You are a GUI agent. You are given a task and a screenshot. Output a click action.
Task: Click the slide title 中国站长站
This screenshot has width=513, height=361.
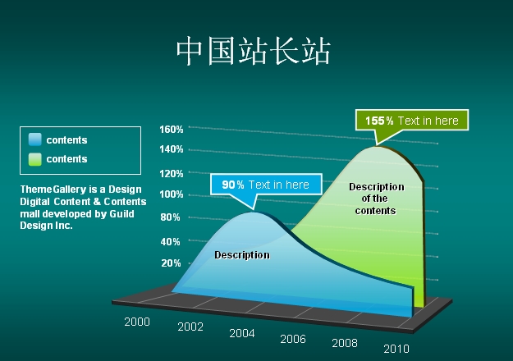coord(254,51)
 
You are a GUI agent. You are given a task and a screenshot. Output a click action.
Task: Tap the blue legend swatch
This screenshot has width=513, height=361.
coord(35,139)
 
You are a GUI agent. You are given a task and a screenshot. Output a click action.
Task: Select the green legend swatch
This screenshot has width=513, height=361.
coord(35,159)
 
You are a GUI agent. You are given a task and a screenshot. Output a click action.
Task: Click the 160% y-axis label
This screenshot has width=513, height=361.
coord(171,130)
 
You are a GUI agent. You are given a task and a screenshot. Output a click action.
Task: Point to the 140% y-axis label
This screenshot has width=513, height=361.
coord(171,149)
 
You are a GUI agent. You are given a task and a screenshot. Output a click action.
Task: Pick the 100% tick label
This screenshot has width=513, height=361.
coord(171,194)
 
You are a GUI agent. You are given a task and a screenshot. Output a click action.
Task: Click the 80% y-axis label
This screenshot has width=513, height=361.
coord(170,217)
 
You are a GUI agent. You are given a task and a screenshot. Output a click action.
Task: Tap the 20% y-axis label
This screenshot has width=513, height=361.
coord(171,263)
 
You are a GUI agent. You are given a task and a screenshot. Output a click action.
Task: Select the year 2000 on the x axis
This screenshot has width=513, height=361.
coord(137,322)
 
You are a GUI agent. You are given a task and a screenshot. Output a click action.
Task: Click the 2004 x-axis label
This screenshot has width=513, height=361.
coord(242,334)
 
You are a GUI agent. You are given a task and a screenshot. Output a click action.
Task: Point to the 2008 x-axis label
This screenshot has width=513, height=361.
coord(345,343)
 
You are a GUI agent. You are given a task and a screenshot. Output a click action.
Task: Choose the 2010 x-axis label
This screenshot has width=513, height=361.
coord(396,350)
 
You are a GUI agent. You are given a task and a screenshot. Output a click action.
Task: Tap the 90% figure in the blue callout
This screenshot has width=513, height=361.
coord(233,185)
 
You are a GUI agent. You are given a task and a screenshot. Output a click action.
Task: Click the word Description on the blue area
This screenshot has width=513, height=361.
coord(242,255)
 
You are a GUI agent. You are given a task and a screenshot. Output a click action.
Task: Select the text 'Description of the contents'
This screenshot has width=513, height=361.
coord(376,199)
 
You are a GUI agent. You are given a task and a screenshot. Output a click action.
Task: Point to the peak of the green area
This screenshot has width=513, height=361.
coord(377,147)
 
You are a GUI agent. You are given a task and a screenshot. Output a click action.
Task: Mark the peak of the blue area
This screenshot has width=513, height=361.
coord(254,212)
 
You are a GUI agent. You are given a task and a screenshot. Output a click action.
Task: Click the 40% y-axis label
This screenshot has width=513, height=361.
coord(170,242)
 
